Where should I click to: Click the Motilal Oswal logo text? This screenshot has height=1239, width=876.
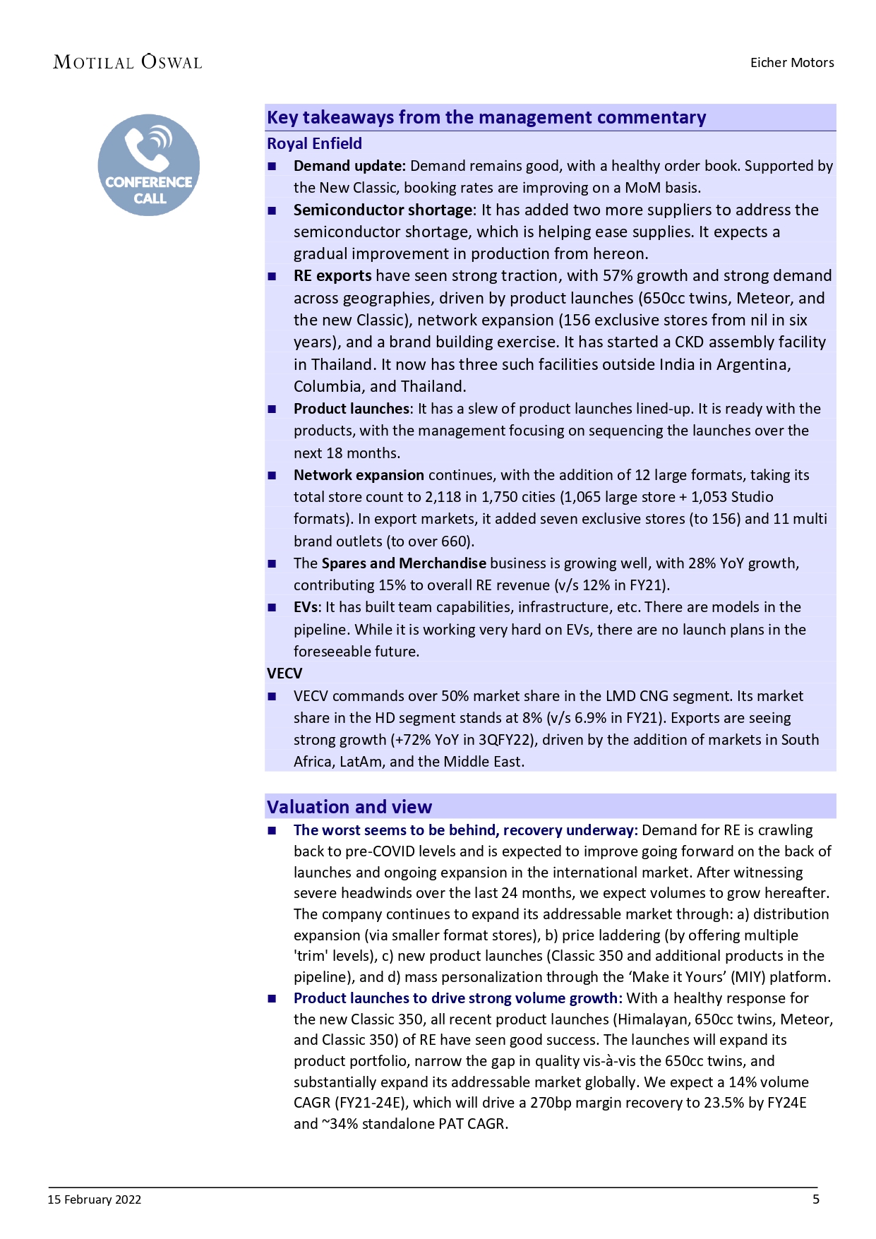[128, 62]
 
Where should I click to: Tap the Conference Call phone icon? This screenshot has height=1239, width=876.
[149, 164]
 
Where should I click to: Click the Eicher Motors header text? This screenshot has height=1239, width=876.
[791, 62]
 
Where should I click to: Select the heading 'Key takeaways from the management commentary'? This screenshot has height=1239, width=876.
[486, 117]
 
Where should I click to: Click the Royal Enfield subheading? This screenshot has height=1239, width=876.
[314, 143]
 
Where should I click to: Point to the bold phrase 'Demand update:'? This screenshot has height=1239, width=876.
[349, 166]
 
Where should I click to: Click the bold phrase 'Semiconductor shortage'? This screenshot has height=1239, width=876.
[383, 210]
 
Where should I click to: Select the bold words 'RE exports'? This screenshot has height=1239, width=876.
[332, 275]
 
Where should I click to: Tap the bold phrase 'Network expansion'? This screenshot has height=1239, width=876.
[359, 475]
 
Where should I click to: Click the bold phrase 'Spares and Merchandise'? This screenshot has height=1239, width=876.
[404, 563]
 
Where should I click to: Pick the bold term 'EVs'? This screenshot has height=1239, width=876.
[306, 607]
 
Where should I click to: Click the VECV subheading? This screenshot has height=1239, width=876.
[284, 674]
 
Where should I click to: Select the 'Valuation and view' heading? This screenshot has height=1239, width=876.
[349, 807]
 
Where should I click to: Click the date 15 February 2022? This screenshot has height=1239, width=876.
[95, 1199]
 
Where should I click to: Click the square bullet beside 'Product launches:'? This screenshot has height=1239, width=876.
[272, 409]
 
